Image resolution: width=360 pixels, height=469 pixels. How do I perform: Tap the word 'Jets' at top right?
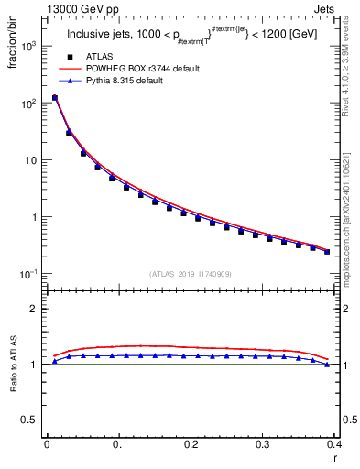322,9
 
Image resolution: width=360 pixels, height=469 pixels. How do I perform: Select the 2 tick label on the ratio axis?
35,309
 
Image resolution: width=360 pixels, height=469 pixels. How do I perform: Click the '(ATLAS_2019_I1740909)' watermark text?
191,273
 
